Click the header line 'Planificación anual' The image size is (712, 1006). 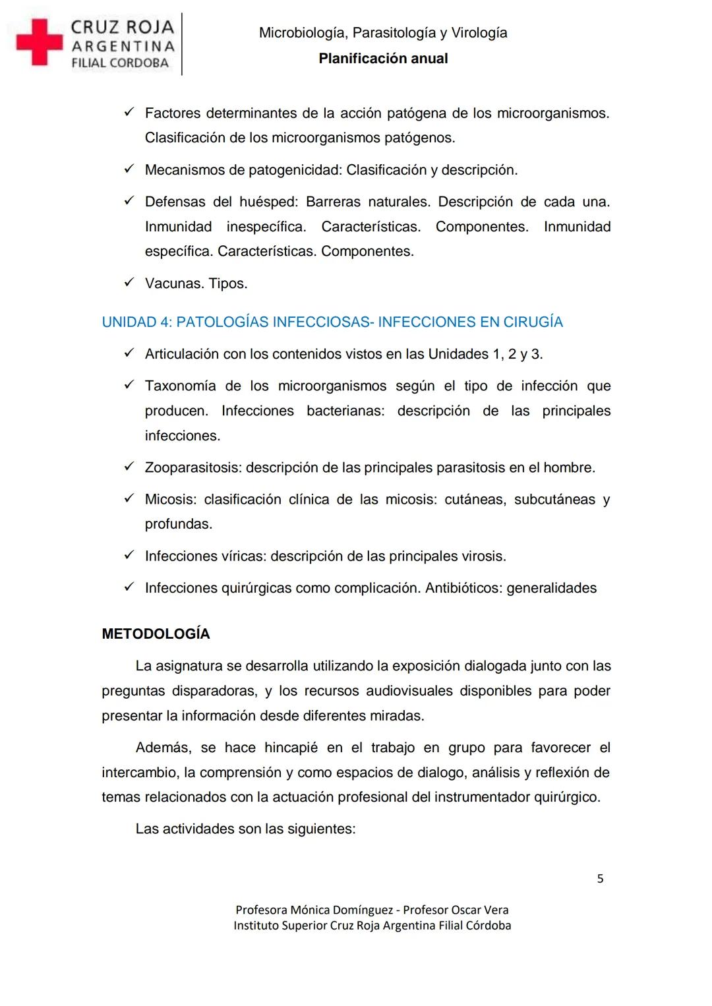tap(383, 59)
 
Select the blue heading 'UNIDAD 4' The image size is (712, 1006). tap(332, 322)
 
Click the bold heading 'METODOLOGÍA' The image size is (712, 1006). tap(156, 634)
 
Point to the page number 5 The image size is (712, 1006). tap(600, 879)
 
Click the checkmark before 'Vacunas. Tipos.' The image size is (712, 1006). tap(129, 283)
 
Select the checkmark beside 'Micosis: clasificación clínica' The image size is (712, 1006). tap(129, 499)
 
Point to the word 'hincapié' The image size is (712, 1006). tap(291, 748)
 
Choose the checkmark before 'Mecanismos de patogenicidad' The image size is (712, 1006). tap(129, 169)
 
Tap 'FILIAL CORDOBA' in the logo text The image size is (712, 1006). tap(120, 63)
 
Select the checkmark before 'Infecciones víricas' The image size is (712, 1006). tap(129, 556)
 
